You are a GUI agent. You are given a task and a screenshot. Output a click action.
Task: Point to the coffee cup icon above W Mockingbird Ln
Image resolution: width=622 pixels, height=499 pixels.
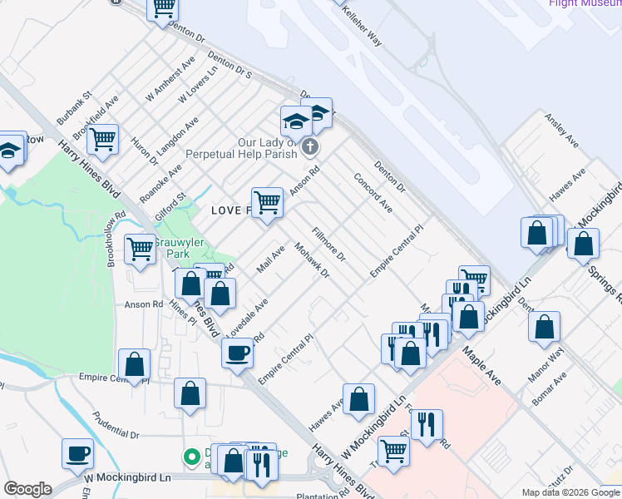coord(78,454)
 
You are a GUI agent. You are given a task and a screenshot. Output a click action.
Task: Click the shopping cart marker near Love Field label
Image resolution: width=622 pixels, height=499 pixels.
coord(267,202)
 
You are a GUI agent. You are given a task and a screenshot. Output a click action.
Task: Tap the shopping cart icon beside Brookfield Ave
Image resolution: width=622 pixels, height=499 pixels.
coord(103,140)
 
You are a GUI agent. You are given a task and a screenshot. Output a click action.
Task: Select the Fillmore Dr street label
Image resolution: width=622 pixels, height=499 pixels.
coord(328,247)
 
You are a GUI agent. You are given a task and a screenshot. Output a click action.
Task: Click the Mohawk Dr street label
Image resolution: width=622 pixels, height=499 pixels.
coord(313,261)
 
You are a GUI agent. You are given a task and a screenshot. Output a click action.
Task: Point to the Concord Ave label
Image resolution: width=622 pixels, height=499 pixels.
coord(373,193)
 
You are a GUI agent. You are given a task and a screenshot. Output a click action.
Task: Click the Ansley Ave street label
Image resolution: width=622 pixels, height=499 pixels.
coord(562,131)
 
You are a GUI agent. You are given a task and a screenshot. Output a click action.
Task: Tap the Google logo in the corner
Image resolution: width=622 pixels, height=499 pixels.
coord(27,489)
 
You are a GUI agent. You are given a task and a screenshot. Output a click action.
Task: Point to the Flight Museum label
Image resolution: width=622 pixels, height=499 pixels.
coord(585,3)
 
